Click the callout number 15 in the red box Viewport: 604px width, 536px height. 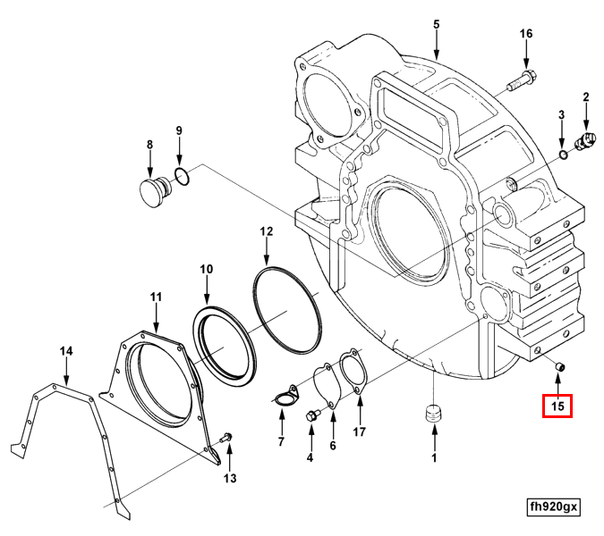point(558,406)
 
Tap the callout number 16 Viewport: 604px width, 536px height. point(526,34)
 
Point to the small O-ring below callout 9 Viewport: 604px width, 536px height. point(182,177)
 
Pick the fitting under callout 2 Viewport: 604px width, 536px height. point(588,139)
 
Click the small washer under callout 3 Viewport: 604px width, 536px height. point(563,155)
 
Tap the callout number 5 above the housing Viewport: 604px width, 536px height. point(437,24)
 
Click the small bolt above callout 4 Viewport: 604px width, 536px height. point(312,415)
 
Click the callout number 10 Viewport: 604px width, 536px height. point(207,269)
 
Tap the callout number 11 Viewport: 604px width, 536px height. point(156,297)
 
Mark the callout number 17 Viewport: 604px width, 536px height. point(359,433)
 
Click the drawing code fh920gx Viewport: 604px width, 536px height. point(554,507)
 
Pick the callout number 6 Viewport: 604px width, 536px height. point(333,446)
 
